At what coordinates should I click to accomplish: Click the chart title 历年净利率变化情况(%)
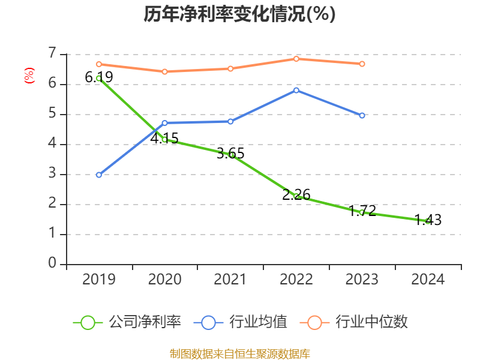click(x=239, y=14)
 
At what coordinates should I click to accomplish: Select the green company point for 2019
click(x=98, y=78)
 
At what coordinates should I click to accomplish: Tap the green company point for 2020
click(x=164, y=139)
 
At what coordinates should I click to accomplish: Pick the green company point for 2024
click(x=428, y=221)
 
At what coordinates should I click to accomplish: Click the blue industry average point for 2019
click(x=98, y=175)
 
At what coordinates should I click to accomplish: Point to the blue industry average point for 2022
click(x=296, y=90)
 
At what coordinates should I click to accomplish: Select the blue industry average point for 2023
click(x=362, y=115)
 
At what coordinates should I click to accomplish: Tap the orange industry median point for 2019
click(x=98, y=64)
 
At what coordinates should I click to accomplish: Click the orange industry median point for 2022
click(x=296, y=58)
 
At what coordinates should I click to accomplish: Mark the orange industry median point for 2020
click(x=164, y=71)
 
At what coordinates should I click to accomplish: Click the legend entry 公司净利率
click(x=127, y=322)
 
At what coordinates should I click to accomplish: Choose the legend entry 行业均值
click(x=241, y=322)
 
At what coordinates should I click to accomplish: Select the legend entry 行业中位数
click(x=358, y=322)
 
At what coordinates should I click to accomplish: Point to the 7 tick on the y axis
click(x=52, y=54)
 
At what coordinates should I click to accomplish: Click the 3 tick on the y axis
click(x=52, y=174)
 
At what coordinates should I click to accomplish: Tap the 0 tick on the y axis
click(x=52, y=264)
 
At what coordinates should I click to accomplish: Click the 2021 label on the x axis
click(x=230, y=280)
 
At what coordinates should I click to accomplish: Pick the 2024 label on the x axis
click(x=428, y=280)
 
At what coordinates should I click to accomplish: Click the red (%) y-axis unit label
click(x=29, y=76)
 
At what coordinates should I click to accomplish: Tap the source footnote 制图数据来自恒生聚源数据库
click(x=239, y=353)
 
